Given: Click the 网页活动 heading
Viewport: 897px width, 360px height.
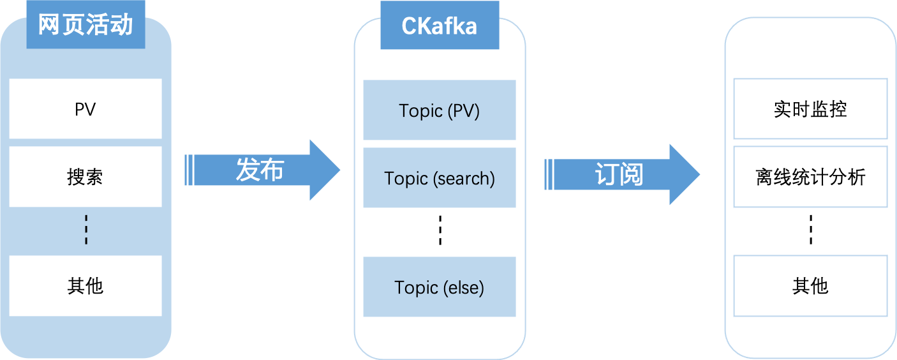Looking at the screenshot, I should point(85,26).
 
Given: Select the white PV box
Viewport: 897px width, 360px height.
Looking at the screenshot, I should point(85,109).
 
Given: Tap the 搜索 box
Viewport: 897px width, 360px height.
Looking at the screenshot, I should point(85,177).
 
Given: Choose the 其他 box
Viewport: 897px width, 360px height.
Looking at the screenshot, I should point(85,286).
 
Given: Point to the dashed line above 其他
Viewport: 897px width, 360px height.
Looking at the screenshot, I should point(86,230).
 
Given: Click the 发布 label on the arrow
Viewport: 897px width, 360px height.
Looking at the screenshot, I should point(260,170).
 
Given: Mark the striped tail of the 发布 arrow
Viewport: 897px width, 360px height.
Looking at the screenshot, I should point(189,170).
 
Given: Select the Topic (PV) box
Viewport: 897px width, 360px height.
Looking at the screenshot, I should point(439,110).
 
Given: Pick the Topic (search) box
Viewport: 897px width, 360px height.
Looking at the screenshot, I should point(439,178).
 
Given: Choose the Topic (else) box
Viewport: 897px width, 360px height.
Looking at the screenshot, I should point(439,287).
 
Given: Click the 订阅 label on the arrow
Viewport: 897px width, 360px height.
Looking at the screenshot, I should point(619,174).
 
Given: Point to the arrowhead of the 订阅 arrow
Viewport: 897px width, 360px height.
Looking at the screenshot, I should point(684,174).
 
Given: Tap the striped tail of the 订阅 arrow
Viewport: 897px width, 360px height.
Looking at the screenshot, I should point(549,174).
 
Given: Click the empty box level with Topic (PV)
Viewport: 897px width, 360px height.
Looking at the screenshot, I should point(810,109).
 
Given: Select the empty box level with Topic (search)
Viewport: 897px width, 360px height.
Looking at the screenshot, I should point(810,177).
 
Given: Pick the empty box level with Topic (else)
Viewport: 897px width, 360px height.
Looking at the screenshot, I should point(810,286).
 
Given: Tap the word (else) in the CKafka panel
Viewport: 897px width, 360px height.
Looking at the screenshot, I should point(463,288).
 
